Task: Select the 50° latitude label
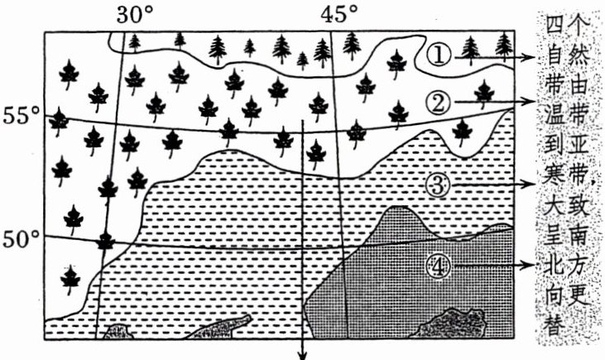point(22,240)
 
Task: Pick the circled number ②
point(439,102)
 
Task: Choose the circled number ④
point(439,265)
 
